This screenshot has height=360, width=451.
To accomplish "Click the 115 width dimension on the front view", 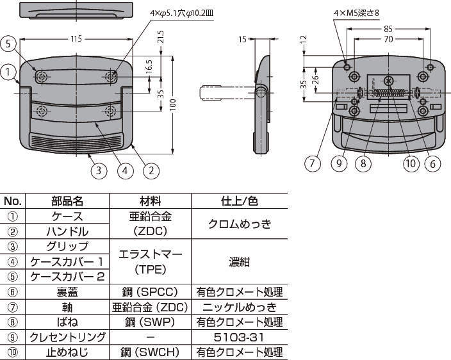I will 76,39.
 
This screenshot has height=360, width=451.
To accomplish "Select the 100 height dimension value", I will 172,105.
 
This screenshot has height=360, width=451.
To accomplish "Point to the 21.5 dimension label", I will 160,46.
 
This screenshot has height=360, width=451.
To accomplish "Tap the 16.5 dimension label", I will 149,67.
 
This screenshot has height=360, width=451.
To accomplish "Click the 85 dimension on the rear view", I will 388,28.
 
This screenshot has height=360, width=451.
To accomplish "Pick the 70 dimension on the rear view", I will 388,39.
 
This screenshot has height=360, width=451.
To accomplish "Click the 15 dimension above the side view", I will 243,39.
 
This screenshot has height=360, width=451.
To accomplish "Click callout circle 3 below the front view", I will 98,170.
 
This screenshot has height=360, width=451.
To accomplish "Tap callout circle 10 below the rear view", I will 411,163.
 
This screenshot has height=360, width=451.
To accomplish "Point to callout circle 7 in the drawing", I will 312,163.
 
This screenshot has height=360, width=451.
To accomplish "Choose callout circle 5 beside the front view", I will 8,44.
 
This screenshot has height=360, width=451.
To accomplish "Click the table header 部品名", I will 67,201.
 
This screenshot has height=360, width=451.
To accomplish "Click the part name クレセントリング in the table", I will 67,337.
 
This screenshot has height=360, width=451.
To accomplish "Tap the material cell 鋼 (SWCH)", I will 151,352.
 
